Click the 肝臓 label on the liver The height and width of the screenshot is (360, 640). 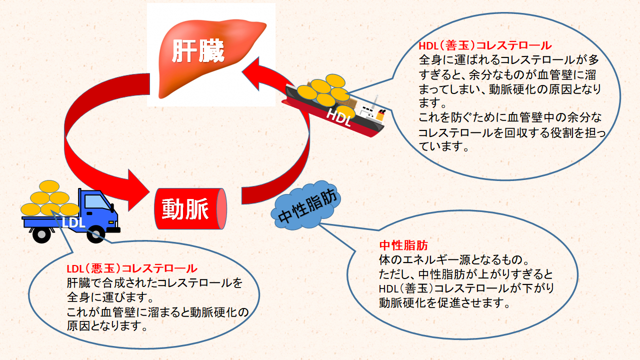click(x=198, y=50)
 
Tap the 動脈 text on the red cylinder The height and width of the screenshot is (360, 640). click(x=185, y=208)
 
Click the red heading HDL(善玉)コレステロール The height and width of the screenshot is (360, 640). click(x=484, y=46)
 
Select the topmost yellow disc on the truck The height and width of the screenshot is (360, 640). click(x=49, y=186)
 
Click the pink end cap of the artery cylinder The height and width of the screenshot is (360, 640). click(x=222, y=209)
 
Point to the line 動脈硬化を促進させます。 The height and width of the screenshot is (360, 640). click(x=444, y=303)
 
